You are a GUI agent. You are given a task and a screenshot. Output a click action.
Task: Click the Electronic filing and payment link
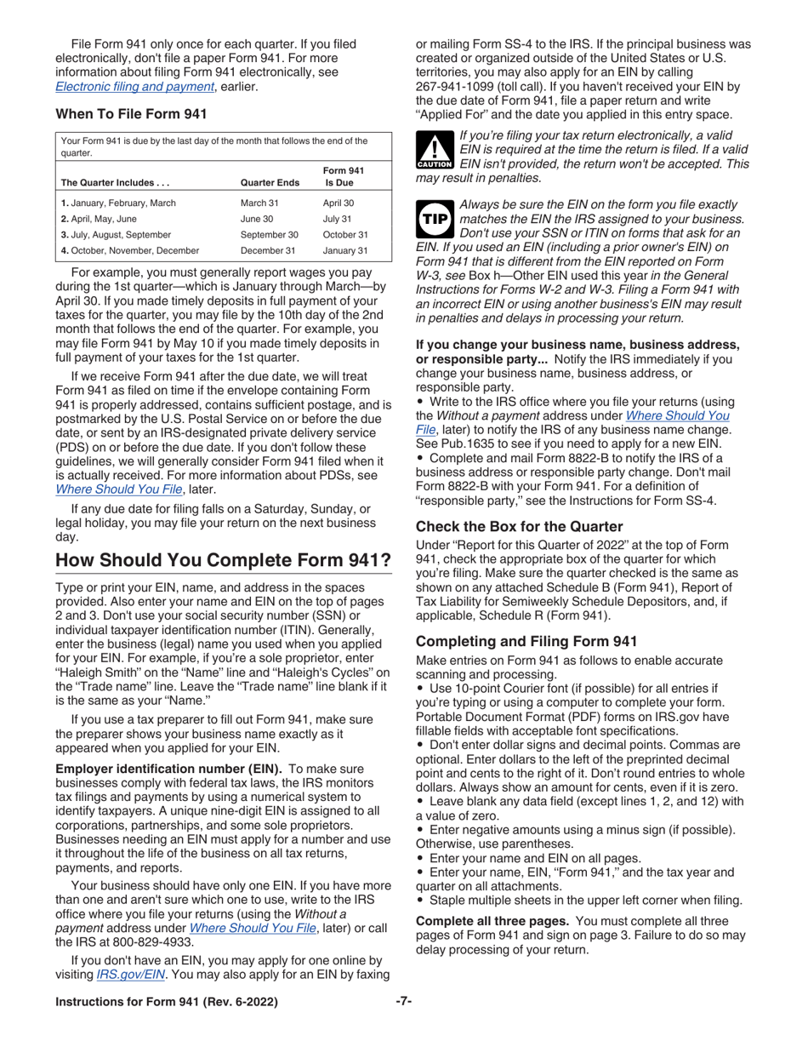tap(134, 86)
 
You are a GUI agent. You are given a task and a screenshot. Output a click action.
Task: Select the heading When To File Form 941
tap(131, 114)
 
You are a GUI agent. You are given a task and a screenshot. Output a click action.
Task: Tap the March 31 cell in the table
tap(259, 203)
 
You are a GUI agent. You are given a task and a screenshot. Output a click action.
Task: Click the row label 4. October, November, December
tap(129, 250)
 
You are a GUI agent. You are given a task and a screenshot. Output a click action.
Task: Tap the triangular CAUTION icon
tap(433, 150)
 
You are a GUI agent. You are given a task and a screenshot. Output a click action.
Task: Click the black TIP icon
tap(433, 220)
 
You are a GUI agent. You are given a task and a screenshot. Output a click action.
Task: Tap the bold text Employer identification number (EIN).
tap(170, 770)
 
